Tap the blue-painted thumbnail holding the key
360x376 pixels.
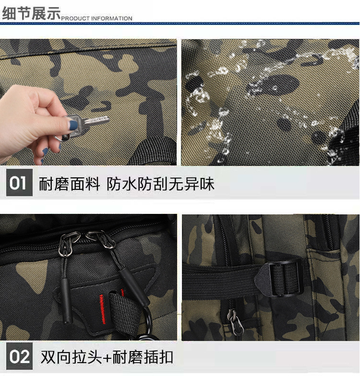(73, 126)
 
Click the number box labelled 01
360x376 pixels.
(19, 183)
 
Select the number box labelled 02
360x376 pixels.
(19, 356)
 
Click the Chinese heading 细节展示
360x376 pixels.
(31, 13)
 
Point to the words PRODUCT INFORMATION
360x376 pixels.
(97, 18)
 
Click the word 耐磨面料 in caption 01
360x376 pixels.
(69, 184)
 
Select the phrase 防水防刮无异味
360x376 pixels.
(160, 184)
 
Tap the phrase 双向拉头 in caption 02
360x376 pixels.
(72, 357)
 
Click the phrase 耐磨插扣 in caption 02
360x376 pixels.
(143, 357)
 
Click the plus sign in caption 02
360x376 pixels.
(108, 358)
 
